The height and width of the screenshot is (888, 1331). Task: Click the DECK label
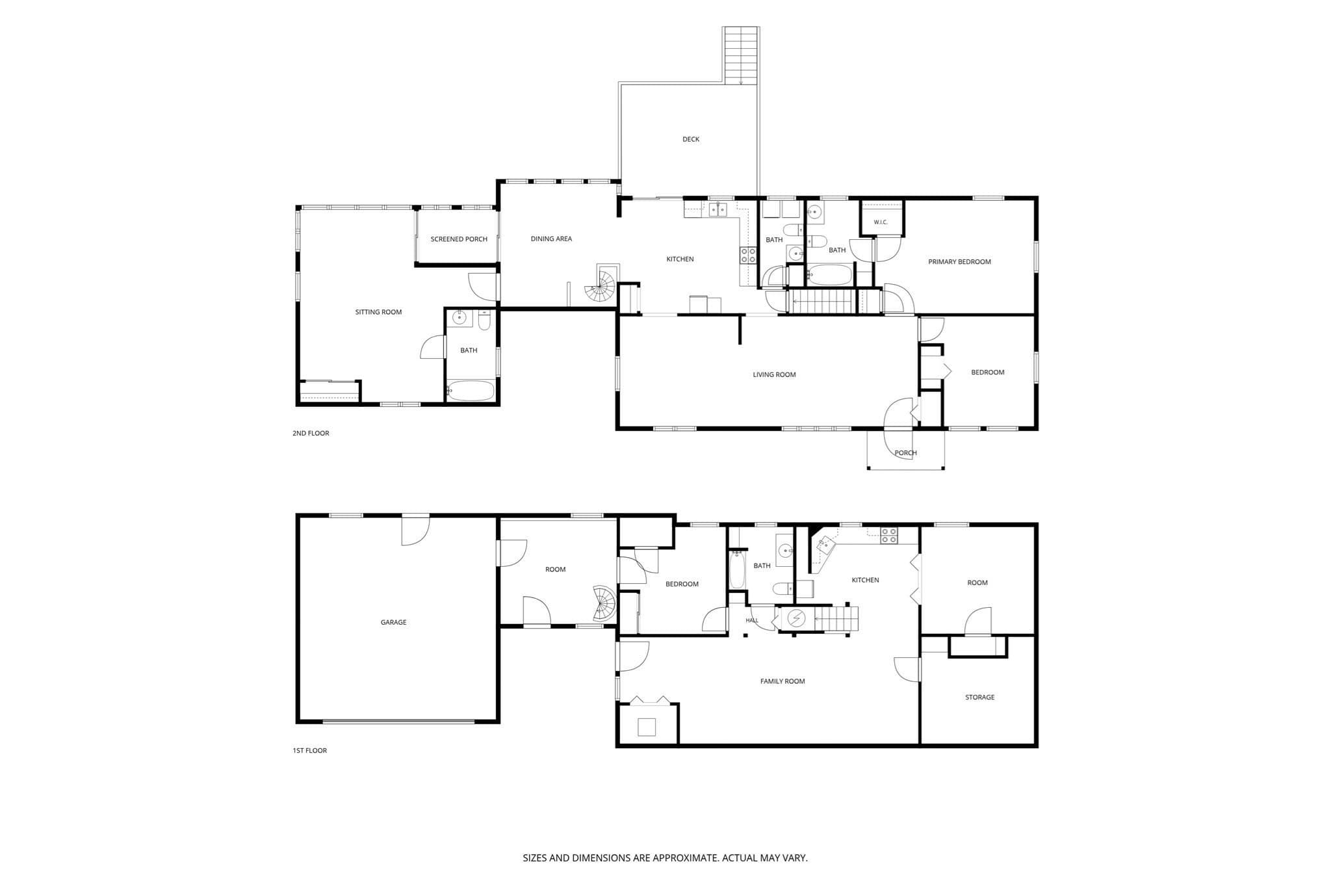click(x=691, y=139)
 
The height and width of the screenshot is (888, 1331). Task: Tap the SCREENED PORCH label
click(x=459, y=239)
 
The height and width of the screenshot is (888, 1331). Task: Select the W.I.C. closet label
click(x=881, y=222)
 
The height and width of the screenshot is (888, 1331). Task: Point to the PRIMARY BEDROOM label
click(x=959, y=262)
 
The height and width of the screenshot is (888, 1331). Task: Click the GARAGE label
click(x=393, y=622)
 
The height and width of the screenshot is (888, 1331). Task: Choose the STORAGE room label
click(x=979, y=698)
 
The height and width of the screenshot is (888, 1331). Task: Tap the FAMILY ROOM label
click(x=782, y=681)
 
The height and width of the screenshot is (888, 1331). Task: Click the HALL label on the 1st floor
click(x=752, y=620)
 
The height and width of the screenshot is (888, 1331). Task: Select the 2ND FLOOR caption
click(x=311, y=434)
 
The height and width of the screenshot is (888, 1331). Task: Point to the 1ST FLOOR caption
click(x=309, y=751)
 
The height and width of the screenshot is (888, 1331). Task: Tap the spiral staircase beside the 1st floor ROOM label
click(x=604, y=604)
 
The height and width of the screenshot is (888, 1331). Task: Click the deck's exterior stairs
click(x=741, y=56)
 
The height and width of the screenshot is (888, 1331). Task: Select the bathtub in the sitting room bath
click(x=470, y=391)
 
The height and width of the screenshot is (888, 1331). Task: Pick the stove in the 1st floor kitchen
click(x=889, y=536)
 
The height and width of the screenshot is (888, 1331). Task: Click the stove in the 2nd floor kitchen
click(x=748, y=255)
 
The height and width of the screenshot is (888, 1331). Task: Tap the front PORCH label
click(x=905, y=453)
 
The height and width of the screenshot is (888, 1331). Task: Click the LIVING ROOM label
click(x=774, y=375)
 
